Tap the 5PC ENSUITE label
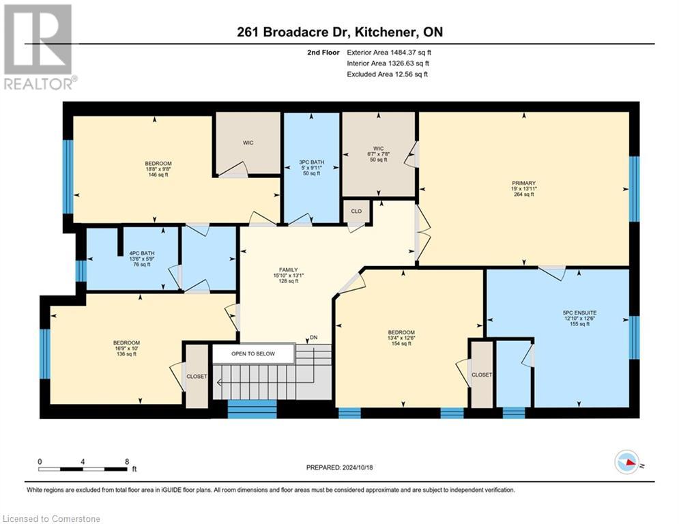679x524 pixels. pos(576,319)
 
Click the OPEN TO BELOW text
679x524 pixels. pos(253,354)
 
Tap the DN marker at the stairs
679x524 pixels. pos(313,338)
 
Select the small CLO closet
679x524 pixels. pos(357,212)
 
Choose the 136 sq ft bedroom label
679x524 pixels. pos(126,348)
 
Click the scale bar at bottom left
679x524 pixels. pos(84,468)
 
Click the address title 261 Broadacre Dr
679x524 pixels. pos(339,32)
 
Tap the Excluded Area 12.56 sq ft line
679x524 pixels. pos(387,74)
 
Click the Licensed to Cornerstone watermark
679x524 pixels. pos(51,519)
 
